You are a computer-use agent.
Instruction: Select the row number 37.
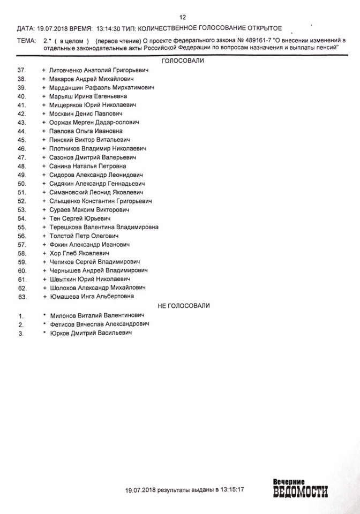[22, 70]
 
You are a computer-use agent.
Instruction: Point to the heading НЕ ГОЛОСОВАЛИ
[183, 305]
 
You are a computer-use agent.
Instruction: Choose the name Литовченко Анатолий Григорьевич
[98, 70]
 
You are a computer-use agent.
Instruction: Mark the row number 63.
[22, 296]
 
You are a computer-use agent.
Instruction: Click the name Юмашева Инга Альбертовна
[92, 296]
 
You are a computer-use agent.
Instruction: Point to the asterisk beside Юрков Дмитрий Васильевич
[44, 332]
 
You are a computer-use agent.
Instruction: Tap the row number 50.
[22, 183]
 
